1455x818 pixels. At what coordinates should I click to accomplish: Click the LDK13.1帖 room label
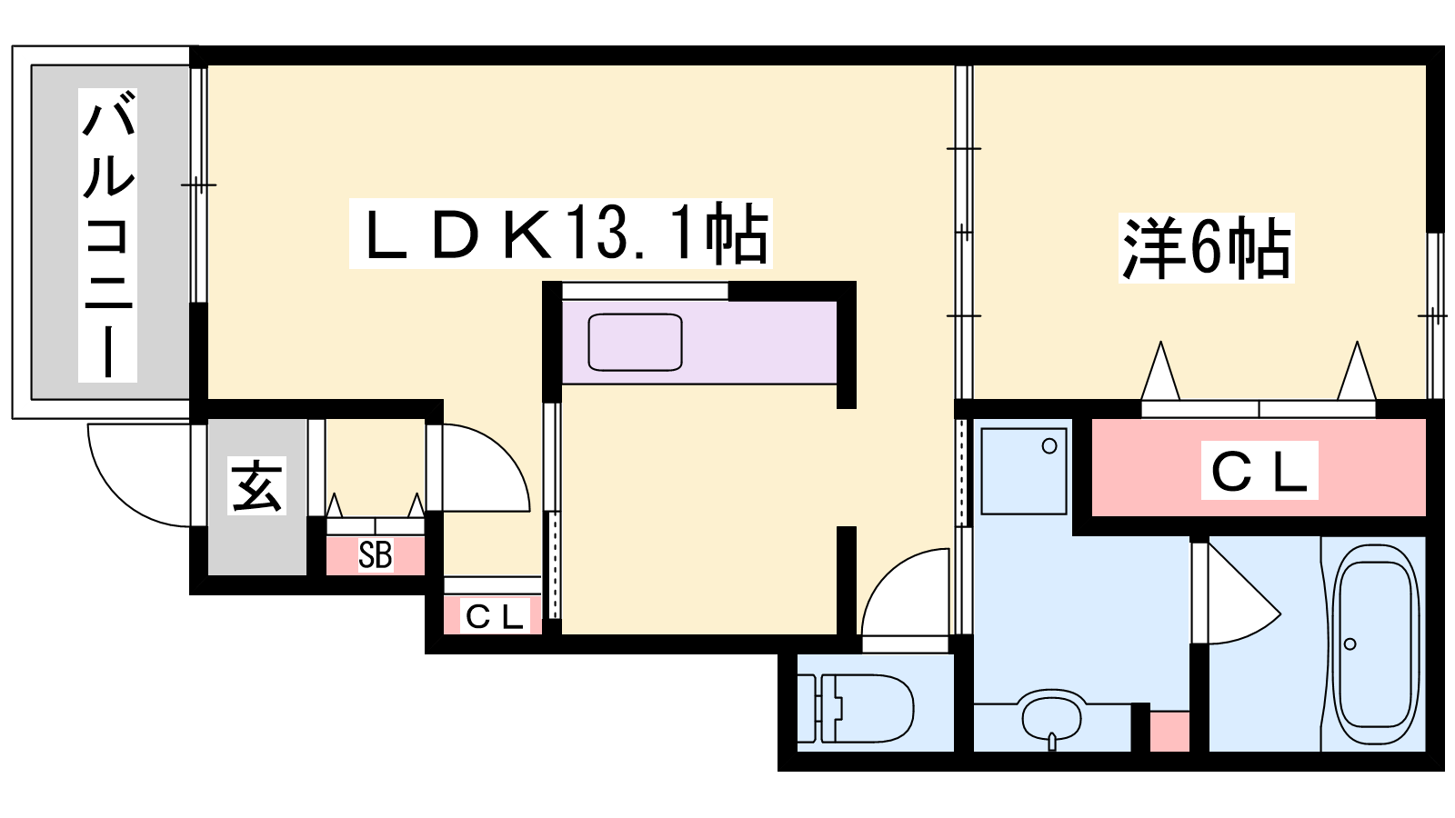[x=560, y=234]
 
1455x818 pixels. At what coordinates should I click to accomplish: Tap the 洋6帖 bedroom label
[x=1206, y=247]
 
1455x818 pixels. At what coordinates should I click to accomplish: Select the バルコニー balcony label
[x=108, y=234]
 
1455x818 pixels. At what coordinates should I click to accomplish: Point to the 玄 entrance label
[x=257, y=485]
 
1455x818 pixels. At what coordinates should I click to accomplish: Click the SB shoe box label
[x=375, y=554]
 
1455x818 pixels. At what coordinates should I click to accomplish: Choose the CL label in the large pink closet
[x=1259, y=471]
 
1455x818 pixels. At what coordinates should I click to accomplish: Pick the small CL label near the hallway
[x=494, y=616]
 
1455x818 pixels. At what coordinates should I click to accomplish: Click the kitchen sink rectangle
[x=635, y=342]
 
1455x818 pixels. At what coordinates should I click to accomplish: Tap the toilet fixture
[x=859, y=707]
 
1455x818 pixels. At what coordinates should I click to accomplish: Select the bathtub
[x=1375, y=643]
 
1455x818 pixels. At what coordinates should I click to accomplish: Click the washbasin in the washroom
[x=1053, y=717]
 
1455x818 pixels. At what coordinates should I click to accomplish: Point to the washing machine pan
[x=1024, y=471]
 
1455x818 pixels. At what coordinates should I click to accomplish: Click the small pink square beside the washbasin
[x=1169, y=731]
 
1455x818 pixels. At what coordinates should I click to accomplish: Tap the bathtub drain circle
[x=1350, y=644]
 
